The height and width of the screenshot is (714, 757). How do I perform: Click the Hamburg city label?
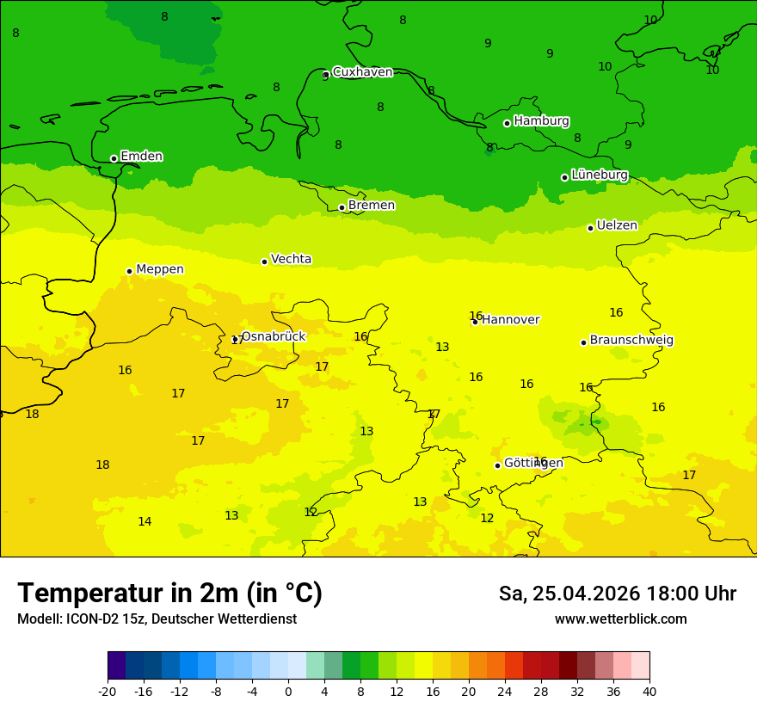tap(541, 121)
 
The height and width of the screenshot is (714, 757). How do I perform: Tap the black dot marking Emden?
tap(114, 158)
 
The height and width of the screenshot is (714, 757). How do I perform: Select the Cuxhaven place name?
tap(362, 72)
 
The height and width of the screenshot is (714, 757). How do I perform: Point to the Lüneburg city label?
tap(599, 175)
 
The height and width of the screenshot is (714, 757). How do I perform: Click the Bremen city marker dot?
tap(342, 207)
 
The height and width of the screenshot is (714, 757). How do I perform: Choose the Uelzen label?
tap(617, 225)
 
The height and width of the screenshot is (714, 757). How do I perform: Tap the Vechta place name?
tap(291, 259)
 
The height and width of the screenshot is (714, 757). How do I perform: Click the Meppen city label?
tap(159, 269)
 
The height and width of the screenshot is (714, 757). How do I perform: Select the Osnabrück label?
tap(273, 336)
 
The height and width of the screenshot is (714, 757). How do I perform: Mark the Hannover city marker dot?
tap(475, 322)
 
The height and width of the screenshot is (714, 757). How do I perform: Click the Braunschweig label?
tap(631, 340)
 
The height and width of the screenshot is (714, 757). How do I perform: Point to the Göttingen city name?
tap(533, 463)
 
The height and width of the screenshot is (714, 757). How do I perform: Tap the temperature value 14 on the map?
tap(145, 521)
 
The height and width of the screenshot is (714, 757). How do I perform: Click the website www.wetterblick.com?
tap(620, 619)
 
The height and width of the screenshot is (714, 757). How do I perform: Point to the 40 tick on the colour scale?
tap(649, 691)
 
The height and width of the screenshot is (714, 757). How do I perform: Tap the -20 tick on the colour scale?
tap(108, 691)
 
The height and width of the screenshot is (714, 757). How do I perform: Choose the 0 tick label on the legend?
tap(288, 691)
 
